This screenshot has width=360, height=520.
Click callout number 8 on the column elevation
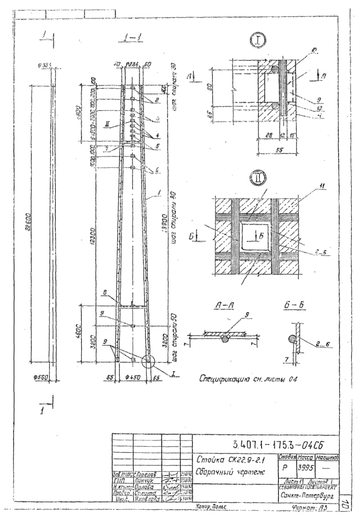point(105,293)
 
